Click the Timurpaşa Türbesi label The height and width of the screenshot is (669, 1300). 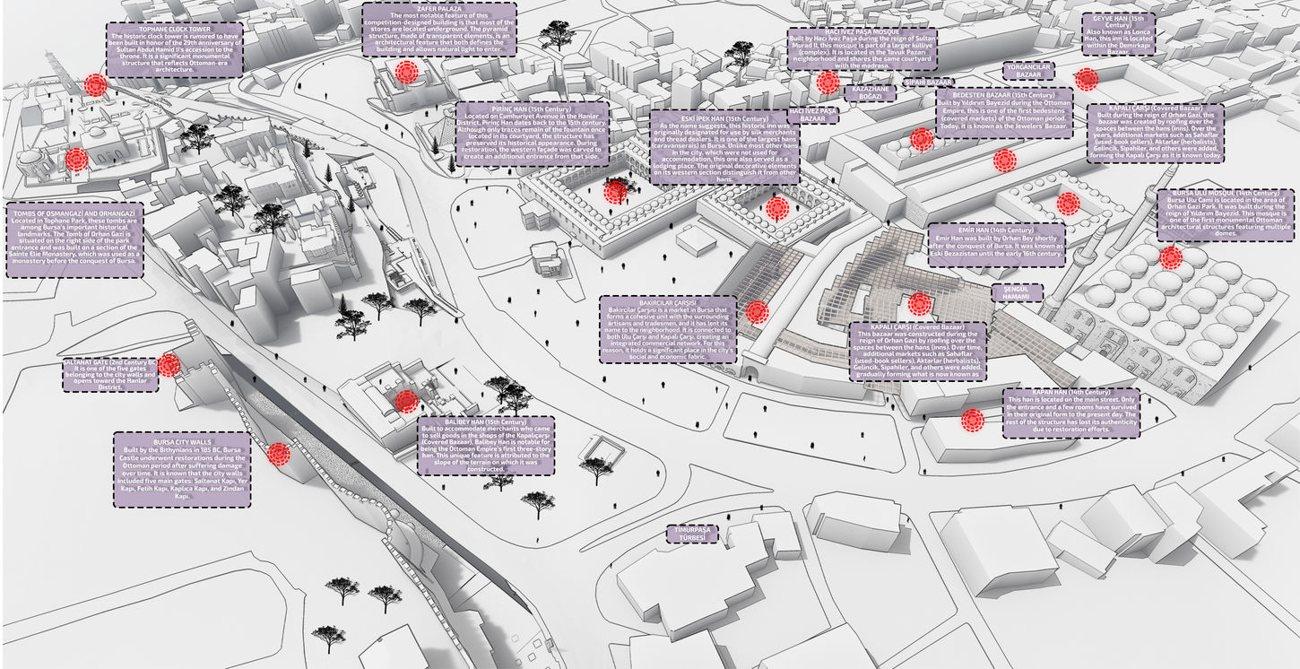point(698,534)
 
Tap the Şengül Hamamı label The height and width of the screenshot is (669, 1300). point(1017,293)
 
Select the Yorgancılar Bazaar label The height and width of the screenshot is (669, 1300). point(1028,72)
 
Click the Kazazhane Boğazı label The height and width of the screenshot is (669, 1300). point(869,92)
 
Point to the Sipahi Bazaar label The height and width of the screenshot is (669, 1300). point(928,82)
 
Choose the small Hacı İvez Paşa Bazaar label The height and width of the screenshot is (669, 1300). point(818,114)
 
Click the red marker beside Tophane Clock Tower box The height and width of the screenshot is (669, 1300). point(95,85)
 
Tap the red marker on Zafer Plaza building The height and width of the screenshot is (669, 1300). point(407,73)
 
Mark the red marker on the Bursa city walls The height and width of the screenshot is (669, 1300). point(279,454)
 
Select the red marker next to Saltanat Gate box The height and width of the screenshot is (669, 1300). point(169,365)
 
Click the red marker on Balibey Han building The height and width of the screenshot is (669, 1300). point(406,401)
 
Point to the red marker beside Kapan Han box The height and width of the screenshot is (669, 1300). point(973,420)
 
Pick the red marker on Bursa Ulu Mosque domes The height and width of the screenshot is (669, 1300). point(1170,258)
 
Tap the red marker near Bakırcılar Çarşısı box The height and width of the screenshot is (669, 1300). point(757,311)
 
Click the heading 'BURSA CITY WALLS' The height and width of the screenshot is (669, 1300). point(182,442)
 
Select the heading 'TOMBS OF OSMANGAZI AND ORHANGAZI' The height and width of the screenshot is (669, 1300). point(74,214)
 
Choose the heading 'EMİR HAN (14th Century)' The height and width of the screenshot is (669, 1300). point(995,230)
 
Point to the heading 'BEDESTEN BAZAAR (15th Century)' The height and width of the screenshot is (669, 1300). point(1004,94)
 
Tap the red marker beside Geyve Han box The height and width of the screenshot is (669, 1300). point(1086,79)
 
